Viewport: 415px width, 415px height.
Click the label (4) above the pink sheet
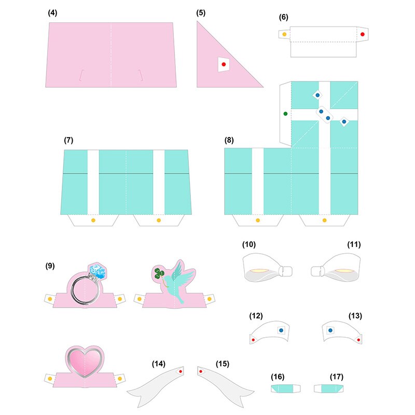pos(52,13)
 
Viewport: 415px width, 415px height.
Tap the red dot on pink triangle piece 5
pos(223,64)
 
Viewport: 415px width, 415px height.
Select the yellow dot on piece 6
pos(284,34)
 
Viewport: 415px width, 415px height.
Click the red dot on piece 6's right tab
pos(362,34)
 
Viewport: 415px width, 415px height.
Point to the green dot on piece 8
pos(285,113)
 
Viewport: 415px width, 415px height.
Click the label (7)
pos(68,141)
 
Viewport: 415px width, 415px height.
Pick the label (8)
pos(229,141)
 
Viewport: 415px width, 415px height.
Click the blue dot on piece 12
pos(281,329)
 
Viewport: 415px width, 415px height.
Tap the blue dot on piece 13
pos(330,329)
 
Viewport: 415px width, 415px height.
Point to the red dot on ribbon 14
pos(179,372)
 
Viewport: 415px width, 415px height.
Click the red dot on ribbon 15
pos(201,371)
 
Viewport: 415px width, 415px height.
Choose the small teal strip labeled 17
pos(327,388)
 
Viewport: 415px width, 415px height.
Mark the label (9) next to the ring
pos(50,266)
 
